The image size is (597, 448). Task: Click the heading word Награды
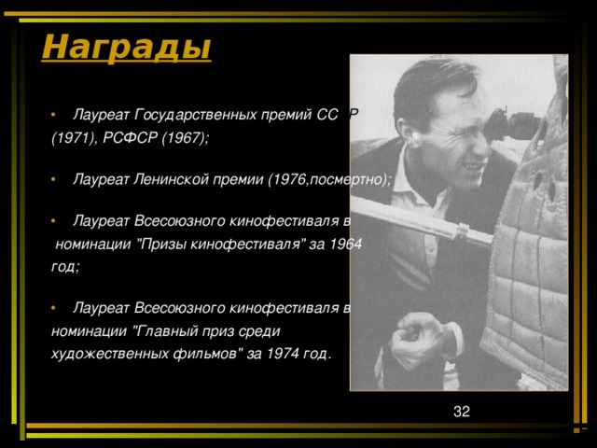pos(126,45)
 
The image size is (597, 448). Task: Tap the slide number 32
pos(461,412)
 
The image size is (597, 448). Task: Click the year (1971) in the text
pos(75,137)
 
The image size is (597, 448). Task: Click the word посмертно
pos(345,178)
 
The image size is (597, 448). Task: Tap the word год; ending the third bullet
pos(65,267)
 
